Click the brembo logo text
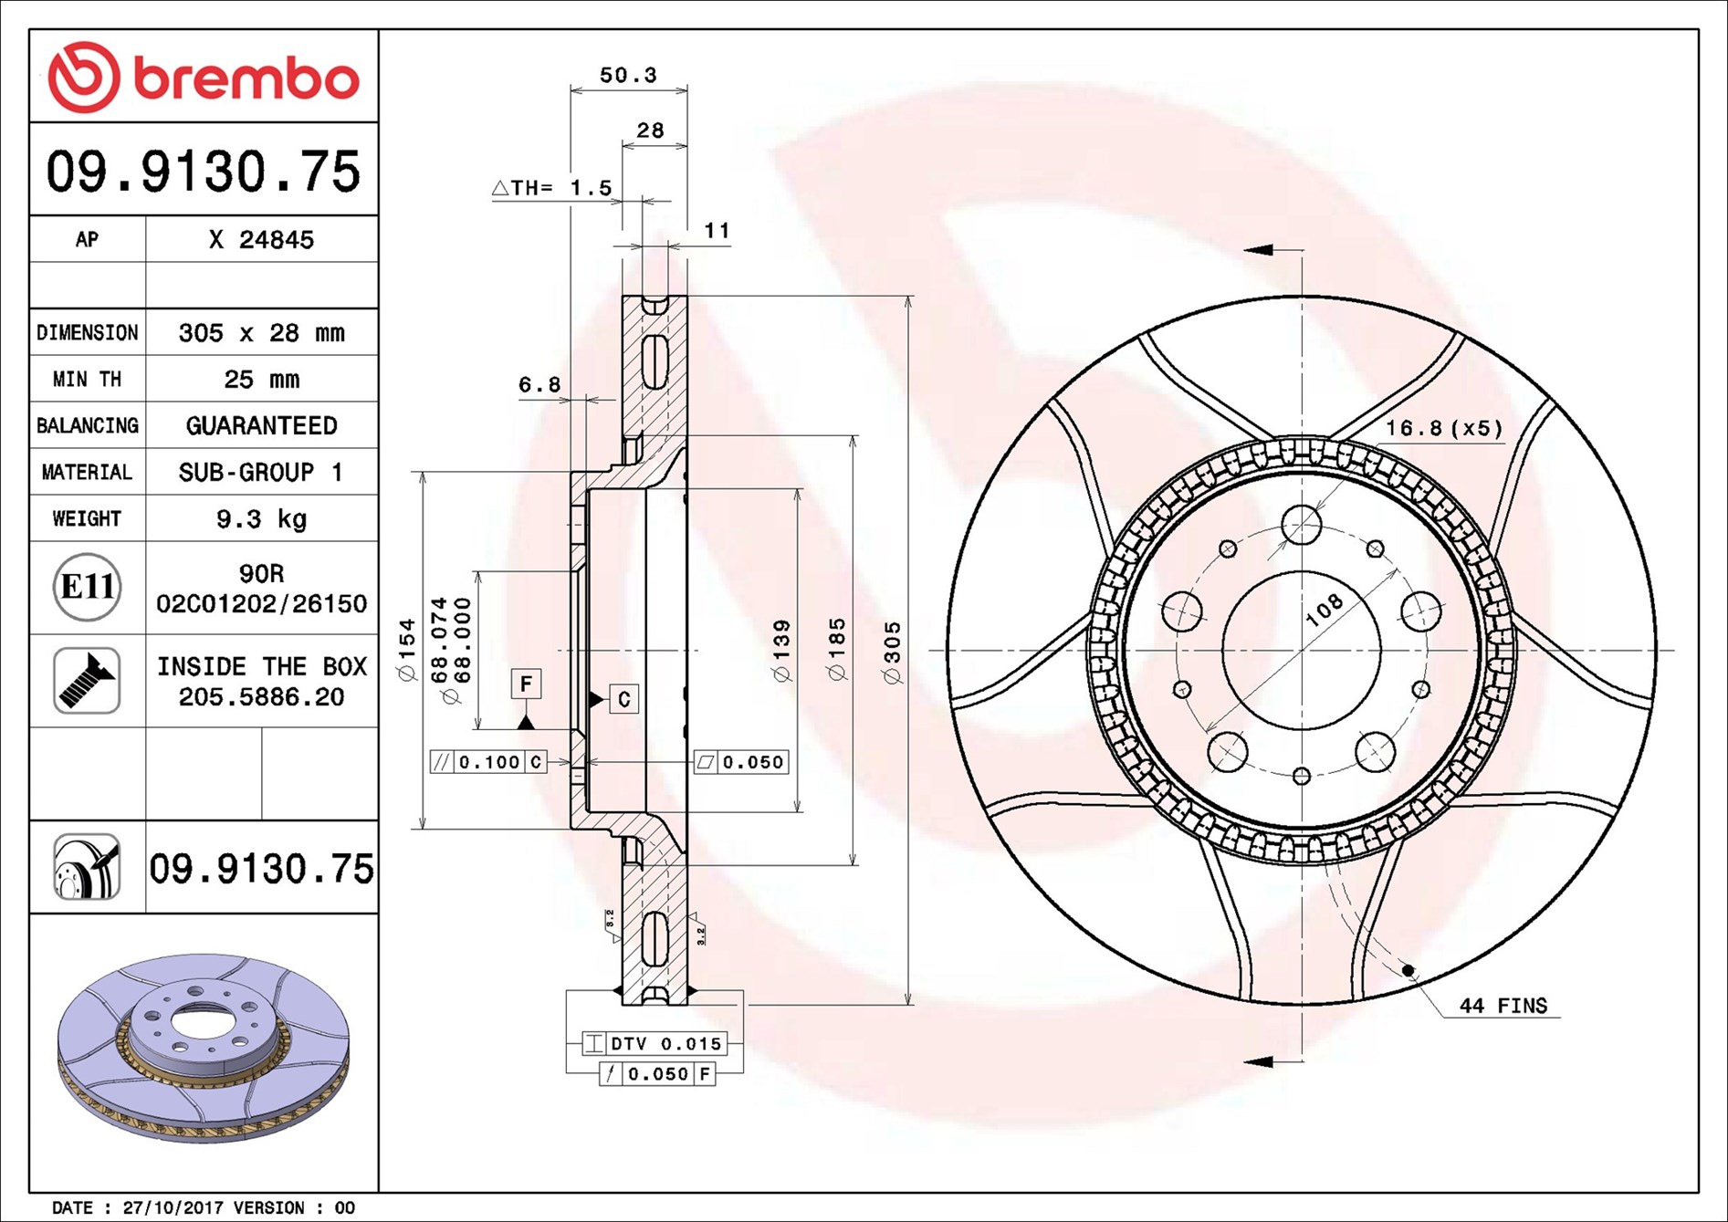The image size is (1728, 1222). [x=246, y=78]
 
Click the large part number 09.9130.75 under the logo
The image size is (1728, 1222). [x=204, y=171]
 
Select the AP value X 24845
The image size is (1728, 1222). [x=261, y=239]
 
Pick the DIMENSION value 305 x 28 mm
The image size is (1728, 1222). [x=262, y=332]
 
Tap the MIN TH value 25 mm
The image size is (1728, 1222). [x=262, y=379]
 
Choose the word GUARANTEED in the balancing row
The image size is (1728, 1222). [x=262, y=425]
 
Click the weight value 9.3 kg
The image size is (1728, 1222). [x=262, y=518]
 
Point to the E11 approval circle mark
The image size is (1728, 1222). [x=87, y=587]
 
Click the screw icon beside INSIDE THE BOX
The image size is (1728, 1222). [x=87, y=681]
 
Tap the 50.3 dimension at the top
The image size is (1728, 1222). [x=628, y=75]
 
